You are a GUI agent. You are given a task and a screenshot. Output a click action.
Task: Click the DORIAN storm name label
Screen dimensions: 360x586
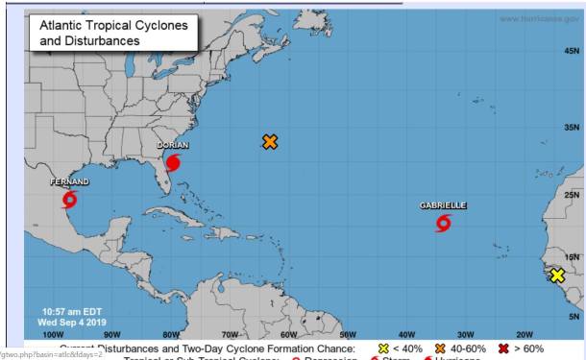click(x=173, y=145)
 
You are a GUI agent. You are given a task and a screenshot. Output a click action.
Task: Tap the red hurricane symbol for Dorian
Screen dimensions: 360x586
click(x=173, y=162)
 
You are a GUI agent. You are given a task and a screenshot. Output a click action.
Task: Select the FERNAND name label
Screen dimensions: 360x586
click(x=69, y=181)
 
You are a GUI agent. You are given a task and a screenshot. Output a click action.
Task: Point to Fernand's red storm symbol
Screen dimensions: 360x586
click(x=69, y=200)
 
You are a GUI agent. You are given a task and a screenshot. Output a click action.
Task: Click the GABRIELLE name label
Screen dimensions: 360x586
click(x=443, y=205)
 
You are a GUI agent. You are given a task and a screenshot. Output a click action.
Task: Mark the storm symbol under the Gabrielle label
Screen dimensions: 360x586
click(x=443, y=223)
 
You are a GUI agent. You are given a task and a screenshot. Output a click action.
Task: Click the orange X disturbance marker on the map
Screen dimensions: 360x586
click(x=270, y=142)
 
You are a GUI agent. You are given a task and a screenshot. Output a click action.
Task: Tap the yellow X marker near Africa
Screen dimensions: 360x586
click(x=557, y=276)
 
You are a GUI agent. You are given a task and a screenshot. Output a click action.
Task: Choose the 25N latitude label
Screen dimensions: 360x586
click(x=572, y=195)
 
